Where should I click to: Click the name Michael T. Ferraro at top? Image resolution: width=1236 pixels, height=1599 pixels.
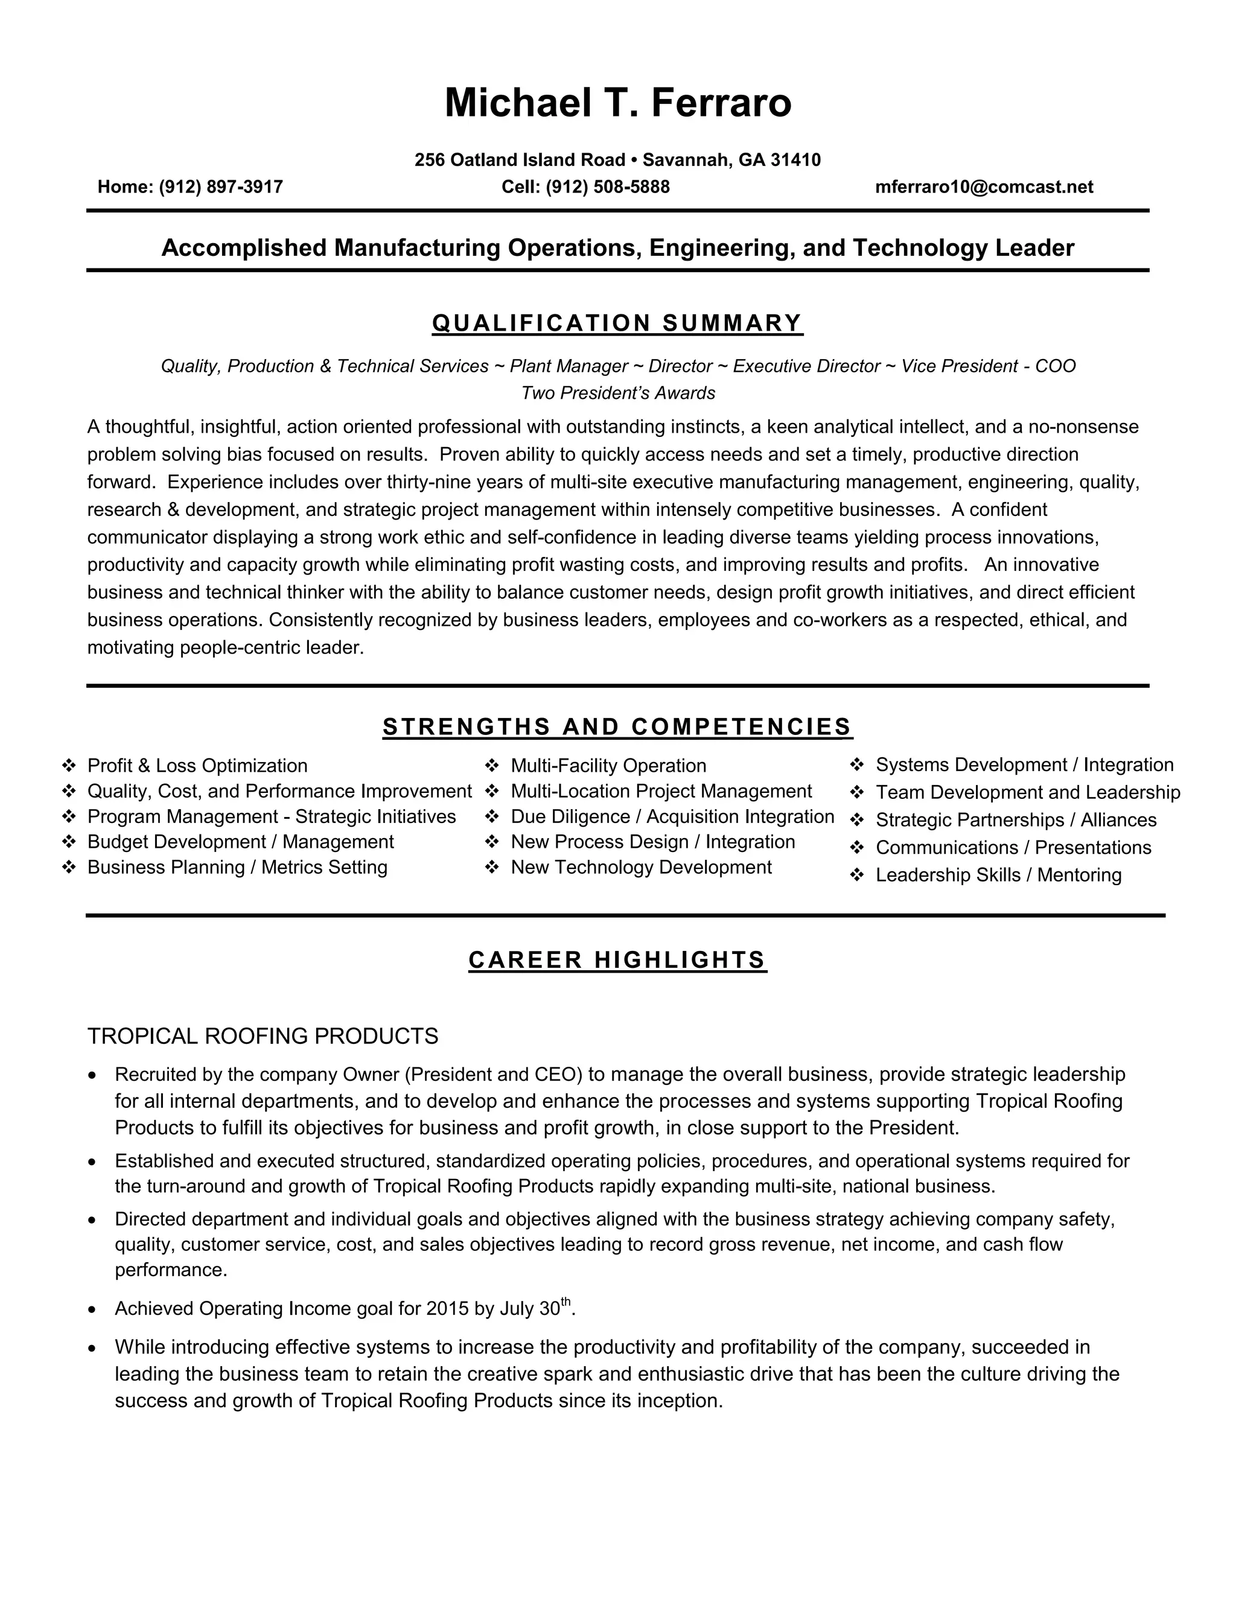pos(617,103)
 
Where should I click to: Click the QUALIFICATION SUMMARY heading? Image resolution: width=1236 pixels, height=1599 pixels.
pos(617,323)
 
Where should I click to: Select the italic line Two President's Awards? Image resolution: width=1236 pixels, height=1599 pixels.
pos(617,394)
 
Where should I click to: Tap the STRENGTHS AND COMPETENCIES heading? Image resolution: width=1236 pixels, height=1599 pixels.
pos(617,727)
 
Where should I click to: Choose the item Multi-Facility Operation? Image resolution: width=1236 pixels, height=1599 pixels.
pos(608,766)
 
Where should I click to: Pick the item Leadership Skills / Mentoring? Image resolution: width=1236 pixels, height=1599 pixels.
pos(998,875)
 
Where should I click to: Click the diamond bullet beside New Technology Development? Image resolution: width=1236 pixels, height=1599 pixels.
pos(492,868)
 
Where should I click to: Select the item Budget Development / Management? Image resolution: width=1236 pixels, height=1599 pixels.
pos(240,842)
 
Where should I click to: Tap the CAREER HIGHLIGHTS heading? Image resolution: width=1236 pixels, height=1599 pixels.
pos(617,960)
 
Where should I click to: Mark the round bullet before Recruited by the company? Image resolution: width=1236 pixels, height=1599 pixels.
pos(92,1075)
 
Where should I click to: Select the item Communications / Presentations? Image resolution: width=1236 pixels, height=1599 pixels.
pos(1013,848)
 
